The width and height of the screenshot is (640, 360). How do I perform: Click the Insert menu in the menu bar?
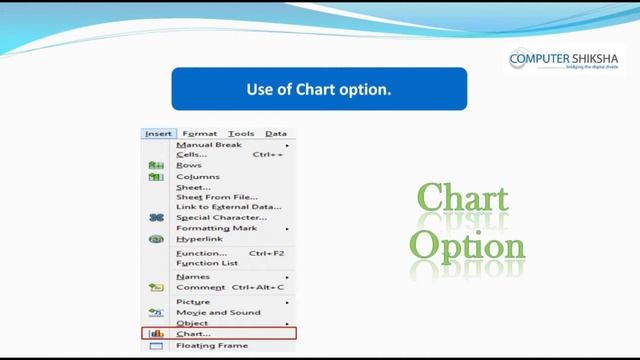[x=159, y=133]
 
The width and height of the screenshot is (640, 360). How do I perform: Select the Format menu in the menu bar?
[x=200, y=133]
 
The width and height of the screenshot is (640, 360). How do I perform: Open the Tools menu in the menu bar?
[x=240, y=133]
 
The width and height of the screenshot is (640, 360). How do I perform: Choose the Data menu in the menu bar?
[x=276, y=133]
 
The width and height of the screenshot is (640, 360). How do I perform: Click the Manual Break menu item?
[x=209, y=145]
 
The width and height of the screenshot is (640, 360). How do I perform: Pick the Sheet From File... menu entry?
[x=217, y=197]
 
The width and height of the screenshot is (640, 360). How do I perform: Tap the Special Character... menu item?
[x=221, y=217]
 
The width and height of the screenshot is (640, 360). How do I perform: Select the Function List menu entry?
[x=206, y=263]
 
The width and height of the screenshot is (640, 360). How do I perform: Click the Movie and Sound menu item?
[x=212, y=313]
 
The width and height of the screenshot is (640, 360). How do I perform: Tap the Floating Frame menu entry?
[x=212, y=346]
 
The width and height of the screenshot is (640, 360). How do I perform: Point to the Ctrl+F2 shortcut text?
[x=266, y=253]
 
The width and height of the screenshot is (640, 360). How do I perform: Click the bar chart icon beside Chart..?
[x=156, y=334]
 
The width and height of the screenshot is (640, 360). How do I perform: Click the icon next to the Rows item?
[x=156, y=166]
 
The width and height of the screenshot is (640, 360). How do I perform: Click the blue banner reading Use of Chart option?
[x=319, y=89]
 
